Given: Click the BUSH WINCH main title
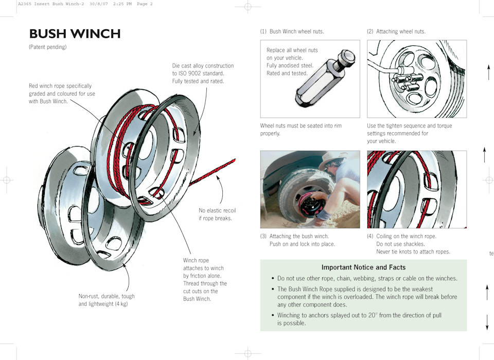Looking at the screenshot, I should [75, 34].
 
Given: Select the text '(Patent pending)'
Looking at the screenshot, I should [48, 47].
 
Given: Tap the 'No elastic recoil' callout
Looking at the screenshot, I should [217, 210].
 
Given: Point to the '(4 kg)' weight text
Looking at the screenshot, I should [118, 304].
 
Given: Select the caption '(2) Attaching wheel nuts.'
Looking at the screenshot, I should [396, 31].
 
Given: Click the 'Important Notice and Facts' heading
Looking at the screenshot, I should [363, 267].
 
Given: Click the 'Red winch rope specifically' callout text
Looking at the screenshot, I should [62, 86].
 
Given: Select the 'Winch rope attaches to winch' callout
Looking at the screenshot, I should [203, 264].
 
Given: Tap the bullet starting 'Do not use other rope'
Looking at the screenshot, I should [367, 279].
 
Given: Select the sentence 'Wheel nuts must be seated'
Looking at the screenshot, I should [301, 125].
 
